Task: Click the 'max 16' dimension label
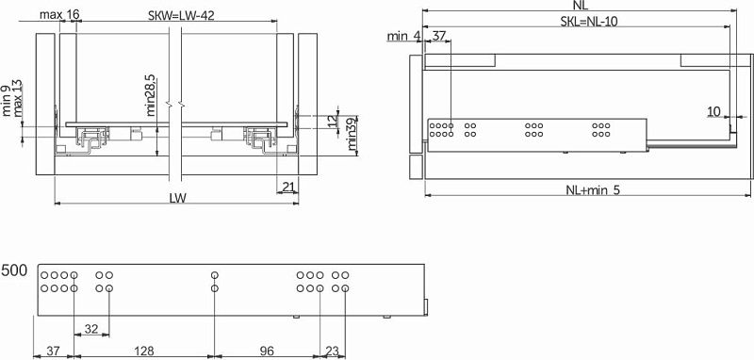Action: tap(60, 15)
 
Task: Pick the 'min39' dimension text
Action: tap(351, 135)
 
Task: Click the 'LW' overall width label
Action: tap(176, 198)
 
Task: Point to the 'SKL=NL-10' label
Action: tap(590, 21)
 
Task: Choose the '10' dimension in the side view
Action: tap(714, 110)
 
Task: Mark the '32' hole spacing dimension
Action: tap(91, 328)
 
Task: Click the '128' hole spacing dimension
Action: tap(143, 351)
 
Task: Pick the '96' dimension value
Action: tap(266, 351)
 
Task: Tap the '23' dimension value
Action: tap(331, 351)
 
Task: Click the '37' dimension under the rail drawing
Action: tap(54, 351)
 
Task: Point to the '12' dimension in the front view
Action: tap(331, 121)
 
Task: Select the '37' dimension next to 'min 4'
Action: tap(438, 36)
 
